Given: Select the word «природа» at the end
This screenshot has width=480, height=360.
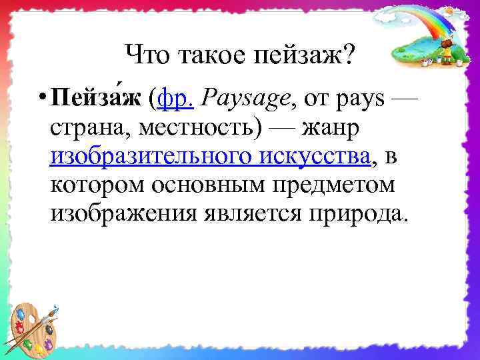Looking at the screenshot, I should [361, 215].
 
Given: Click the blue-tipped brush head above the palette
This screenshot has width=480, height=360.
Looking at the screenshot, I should [55, 308].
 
